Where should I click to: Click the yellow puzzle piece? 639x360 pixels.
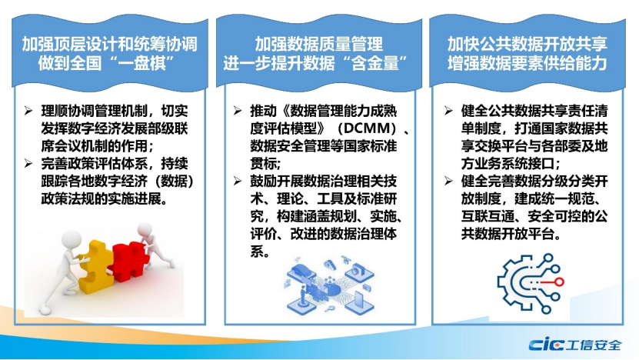click(x=95, y=267)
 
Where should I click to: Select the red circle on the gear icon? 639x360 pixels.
click(x=560, y=282)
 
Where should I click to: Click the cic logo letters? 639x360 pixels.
click(x=546, y=345)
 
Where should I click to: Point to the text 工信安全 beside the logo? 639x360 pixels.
click(x=594, y=345)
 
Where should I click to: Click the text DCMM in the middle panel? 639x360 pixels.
click(x=367, y=128)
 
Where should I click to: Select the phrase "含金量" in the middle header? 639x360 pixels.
click(x=375, y=63)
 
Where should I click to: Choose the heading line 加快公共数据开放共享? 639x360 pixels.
click(x=528, y=44)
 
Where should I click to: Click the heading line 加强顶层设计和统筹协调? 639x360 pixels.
click(x=110, y=44)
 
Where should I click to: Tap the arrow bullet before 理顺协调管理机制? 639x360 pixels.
click(x=28, y=111)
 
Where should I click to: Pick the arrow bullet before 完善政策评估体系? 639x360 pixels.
click(x=28, y=164)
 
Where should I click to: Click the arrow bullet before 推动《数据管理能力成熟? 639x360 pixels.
click(x=238, y=111)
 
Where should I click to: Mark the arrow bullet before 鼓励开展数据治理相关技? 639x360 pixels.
click(x=238, y=181)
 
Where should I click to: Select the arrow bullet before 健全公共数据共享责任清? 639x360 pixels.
click(x=448, y=111)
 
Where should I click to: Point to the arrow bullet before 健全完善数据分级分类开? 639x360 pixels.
click(x=448, y=181)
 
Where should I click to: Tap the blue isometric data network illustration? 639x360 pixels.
click(x=329, y=285)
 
